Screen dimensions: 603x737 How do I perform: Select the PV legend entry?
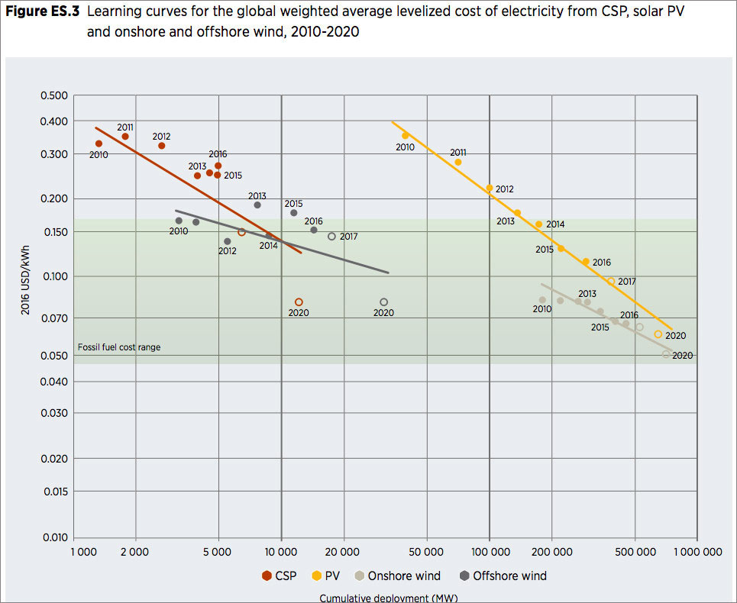[x=328, y=576]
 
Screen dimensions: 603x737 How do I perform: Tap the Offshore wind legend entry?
[x=503, y=576]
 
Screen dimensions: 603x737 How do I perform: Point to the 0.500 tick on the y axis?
[x=53, y=96]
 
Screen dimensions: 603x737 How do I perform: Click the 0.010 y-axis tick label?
[x=53, y=538]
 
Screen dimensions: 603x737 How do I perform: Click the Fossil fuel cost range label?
[x=119, y=347]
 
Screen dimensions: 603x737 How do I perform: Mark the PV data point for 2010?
[x=406, y=135]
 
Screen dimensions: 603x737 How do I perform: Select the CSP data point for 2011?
[x=125, y=137]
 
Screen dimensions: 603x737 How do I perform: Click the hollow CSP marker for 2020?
[x=299, y=302]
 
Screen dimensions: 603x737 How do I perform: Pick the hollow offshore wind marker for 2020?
[x=383, y=302]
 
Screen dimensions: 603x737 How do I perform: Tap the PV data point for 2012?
[x=490, y=188]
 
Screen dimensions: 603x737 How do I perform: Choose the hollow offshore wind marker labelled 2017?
[x=331, y=237]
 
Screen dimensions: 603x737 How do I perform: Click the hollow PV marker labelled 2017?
[x=611, y=281]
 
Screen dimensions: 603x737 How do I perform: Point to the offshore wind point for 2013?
[x=257, y=205]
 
